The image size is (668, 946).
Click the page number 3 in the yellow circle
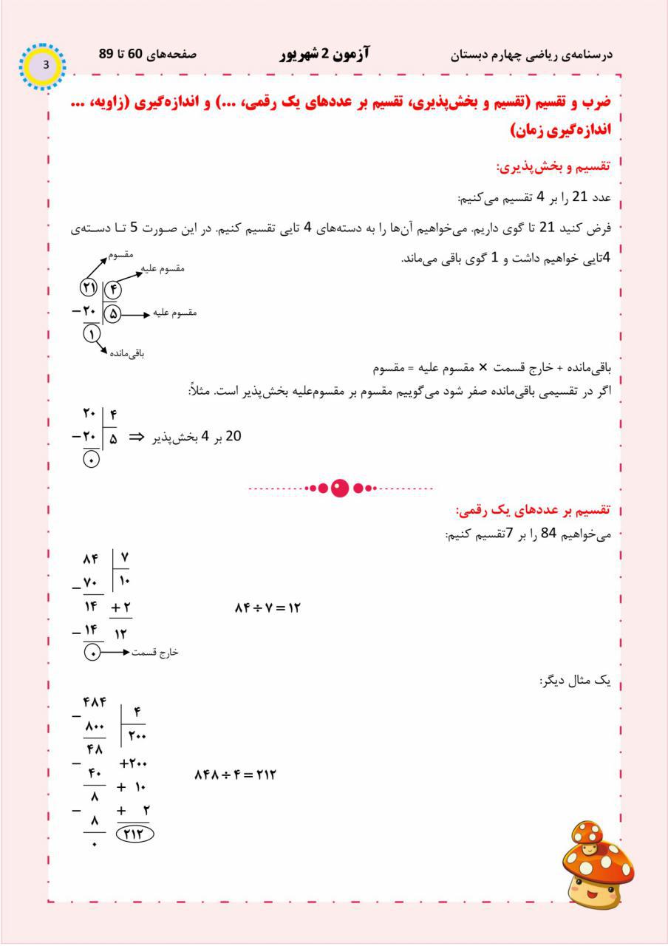[46, 65]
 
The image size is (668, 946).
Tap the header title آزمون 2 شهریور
[325, 55]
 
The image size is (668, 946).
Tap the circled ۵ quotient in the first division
[113, 314]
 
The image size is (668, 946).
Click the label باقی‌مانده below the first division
[127, 353]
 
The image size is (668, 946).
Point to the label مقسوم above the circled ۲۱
[120, 255]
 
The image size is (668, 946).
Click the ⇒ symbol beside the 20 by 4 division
[136, 437]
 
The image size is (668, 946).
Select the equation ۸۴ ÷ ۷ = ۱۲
[267, 608]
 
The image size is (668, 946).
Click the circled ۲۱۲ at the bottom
[134, 833]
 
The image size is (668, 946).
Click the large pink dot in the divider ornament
[339, 489]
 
